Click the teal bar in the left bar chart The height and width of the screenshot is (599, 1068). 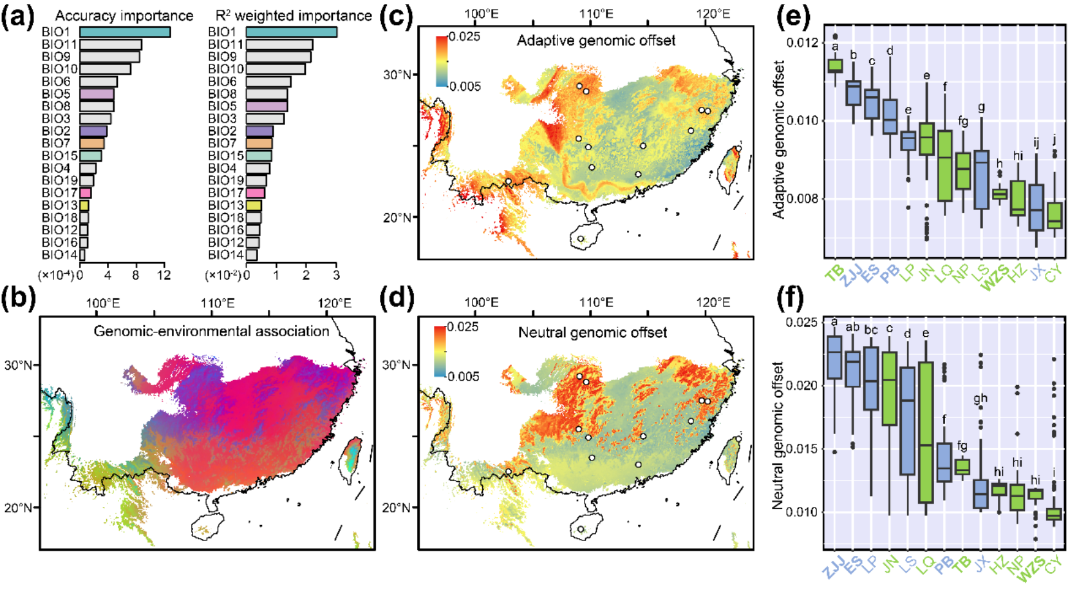pyautogui.click(x=124, y=32)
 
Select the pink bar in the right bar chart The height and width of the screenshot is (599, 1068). pyautogui.click(x=255, y=193)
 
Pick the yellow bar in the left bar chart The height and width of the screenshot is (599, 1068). pyautogui.click(x=84, y=205)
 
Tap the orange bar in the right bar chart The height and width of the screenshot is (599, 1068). pyautogui.click(x=259, y=144)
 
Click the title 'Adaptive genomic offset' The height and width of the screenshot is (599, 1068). pyautogui.click(x=595, y=41)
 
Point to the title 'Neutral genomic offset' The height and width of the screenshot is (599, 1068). pyautogui.click(x=592, y=332)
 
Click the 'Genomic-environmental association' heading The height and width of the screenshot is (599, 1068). pyautogui.click(x=211, y=331)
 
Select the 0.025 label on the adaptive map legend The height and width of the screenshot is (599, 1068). pyautogui.click(x=464, y=37)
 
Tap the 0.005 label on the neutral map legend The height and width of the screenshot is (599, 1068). pyautogui.click(x=463, y=377)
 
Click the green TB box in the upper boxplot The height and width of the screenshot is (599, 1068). pyautogui.click(x=835, y=66)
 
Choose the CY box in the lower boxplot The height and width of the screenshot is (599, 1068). pyautogui.click(x=1054, y=514)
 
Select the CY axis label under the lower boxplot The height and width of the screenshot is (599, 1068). pyautogui.click(x=1053, y=564)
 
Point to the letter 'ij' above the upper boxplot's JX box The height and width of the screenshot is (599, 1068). pyautogui.click(x=1036, y=143)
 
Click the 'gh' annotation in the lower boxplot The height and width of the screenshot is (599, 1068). pyautogui.click(x=980, y=399)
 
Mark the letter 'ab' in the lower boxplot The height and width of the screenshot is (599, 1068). pyautogui.click(x=852, y=327)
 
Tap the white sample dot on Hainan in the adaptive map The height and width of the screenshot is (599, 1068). pyautogui.click(x=581, y=239)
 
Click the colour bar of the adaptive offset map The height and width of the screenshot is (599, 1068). pyautogui.click(x=442, y=61)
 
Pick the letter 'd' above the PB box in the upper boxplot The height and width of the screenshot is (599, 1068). pyautogui.click(x=890, y=51)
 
